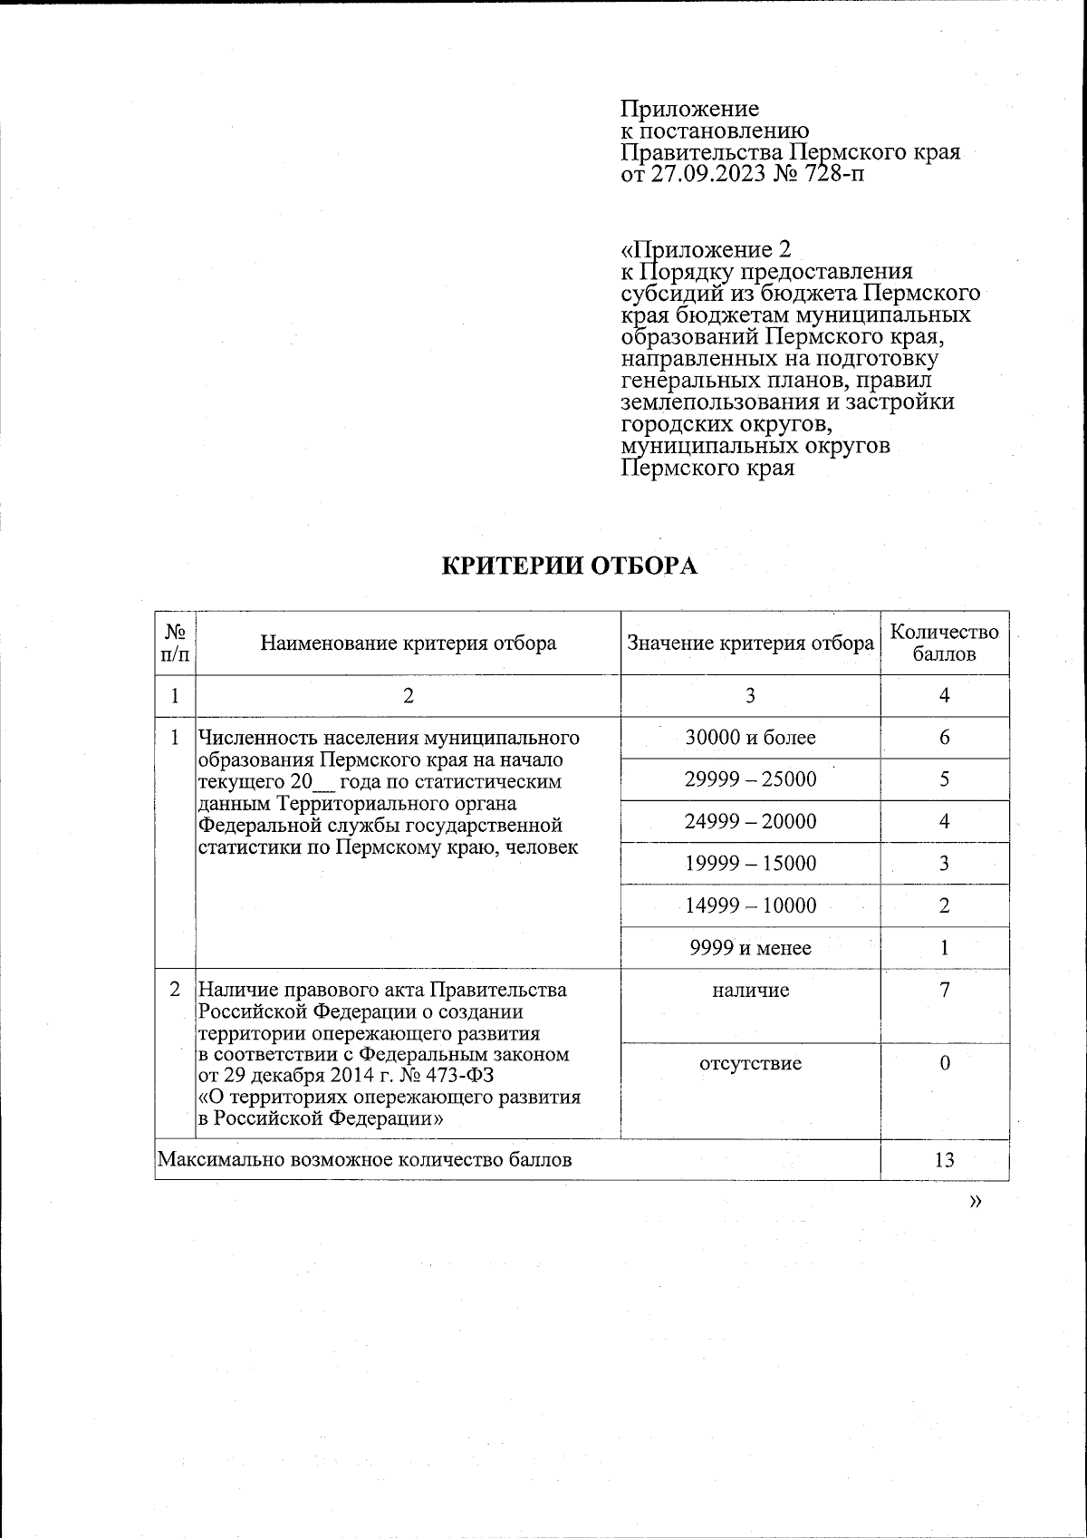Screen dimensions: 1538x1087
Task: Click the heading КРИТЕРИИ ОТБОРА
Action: click(570, 566)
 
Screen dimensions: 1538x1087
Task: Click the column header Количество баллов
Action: click(944, 643)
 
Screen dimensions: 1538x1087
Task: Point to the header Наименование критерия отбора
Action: click(409, 643)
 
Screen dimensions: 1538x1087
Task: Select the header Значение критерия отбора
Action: click(750, 643)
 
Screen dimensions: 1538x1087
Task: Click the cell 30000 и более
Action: click(750, 738)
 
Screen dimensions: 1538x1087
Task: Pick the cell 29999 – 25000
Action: click(750, 779)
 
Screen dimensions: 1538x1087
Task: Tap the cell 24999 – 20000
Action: click(750, 822)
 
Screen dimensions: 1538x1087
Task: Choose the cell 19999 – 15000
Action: click(750, 864)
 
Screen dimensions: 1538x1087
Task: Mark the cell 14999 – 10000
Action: click(750, 905)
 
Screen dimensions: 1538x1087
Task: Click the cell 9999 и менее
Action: click(750, 948)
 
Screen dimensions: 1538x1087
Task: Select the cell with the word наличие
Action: click(750, 991)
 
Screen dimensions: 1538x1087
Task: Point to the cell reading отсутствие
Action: click(750, 1063)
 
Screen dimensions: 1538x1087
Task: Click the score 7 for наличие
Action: click(944, 990)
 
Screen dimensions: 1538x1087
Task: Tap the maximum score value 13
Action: click(944, 1159)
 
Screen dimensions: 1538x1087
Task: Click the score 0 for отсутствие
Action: click(944, 1063)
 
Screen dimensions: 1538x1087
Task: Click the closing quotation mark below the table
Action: click(975, 1201)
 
